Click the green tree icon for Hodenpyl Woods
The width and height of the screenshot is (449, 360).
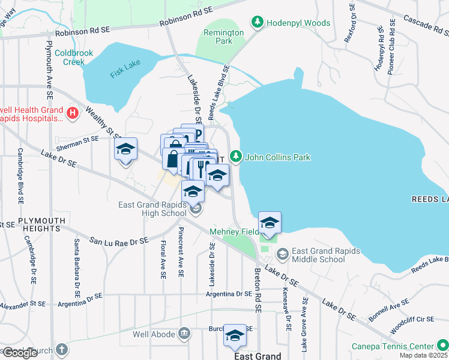pyautogui.click(x=258, y=23)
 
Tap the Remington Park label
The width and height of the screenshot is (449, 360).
pyautogui.click(x=223, y=37)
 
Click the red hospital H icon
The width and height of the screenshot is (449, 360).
pyautogui.click(x=72, y=113)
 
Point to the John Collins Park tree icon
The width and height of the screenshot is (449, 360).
pyautogui.click(x=237, y=157)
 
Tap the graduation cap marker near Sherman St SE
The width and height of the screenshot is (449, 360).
pyautogui.click(x=126, y=149)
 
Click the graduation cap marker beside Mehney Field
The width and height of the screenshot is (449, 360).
pyautogui.click(x=270, y=223)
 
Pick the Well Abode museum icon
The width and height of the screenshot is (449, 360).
pyautogui.click(x=184, y=332)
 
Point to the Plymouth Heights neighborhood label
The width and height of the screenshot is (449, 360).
pyautogui.click(x=41, y=221)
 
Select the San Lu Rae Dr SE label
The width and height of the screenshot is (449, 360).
pyautogui.click(x=119, y=241)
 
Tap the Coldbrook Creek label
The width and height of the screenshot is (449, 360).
pyautogui.click(x=74, y=57)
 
